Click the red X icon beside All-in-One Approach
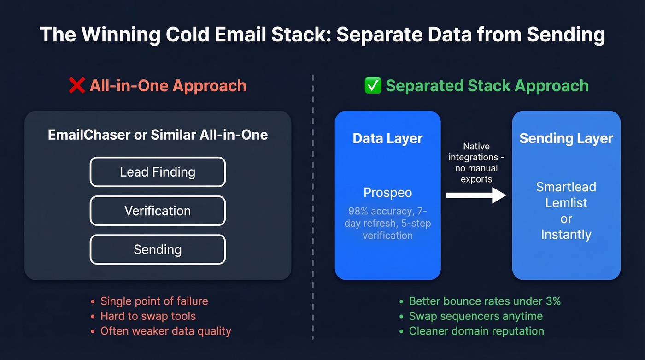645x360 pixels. pos(76,86)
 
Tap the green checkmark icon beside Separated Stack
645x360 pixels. pos(372,86)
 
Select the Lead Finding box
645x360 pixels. pos(158,172)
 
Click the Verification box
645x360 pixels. pos(158,211)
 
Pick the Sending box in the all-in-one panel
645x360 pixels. pos(158,249)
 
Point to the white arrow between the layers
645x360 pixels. pos(476,195)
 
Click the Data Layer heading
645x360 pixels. pos(387,138)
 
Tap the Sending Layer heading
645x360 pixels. pos(566,138)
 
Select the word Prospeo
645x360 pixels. pos(387,193)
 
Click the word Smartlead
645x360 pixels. pos(566,187)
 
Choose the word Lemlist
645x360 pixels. pos(566,202)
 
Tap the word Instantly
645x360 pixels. pos(566,234)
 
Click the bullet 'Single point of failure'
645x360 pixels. pos(154,301)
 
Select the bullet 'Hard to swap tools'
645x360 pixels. pos(148,316)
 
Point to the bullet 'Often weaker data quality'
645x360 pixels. pos(166,331)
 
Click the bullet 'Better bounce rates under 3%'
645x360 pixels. pos(485,301)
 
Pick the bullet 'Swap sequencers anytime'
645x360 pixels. pos(475,316)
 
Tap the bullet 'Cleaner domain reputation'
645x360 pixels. pos(476,331)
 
